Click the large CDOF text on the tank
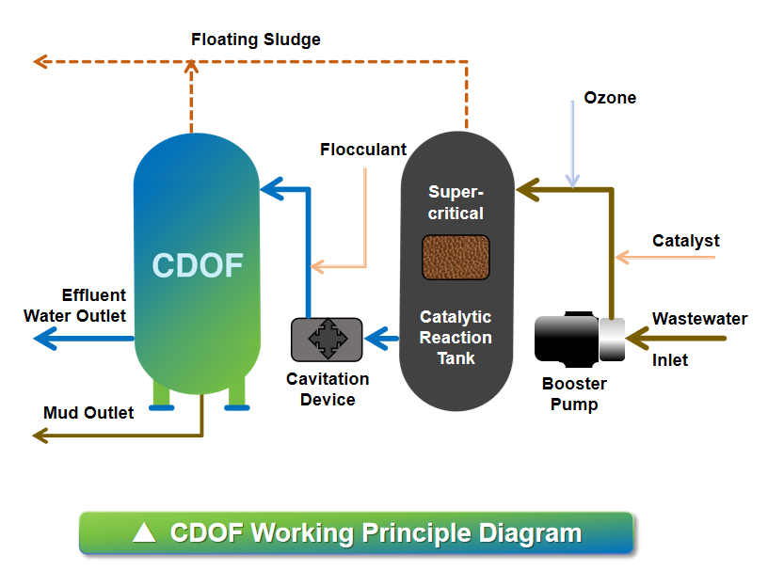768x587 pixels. [198, 266]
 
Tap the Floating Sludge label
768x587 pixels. [256, 40]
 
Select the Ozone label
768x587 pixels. [610, 98]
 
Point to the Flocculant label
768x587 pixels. [363, 150]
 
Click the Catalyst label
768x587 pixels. [686, 241]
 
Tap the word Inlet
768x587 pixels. [670, 360]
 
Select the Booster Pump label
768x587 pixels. [574, 394]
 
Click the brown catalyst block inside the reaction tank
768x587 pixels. [456, 258]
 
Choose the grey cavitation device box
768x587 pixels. [327, 339]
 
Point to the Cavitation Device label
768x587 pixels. [328, 389]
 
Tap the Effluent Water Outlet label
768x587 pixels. [75, 305]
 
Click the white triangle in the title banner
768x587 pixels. [144, 533]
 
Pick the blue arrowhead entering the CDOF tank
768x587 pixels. [270, 190]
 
